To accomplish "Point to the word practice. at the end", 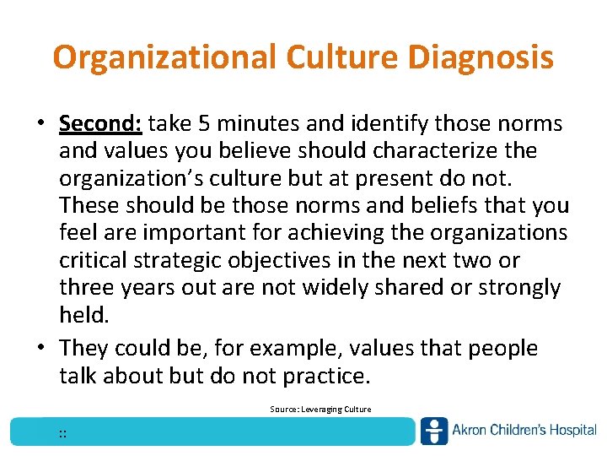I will coord(323,375).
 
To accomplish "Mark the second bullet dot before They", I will coord(40,349).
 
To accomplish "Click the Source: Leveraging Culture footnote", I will coord(320,410).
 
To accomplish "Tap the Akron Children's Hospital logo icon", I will coord(434,431).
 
